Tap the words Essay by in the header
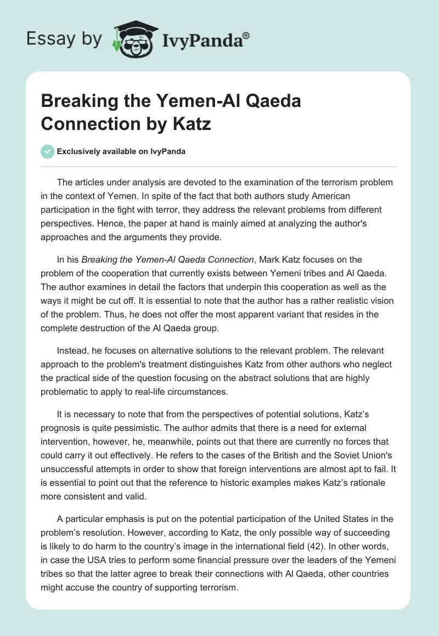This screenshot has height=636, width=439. (64, 38)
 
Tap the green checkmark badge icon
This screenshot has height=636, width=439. (48, 151)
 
